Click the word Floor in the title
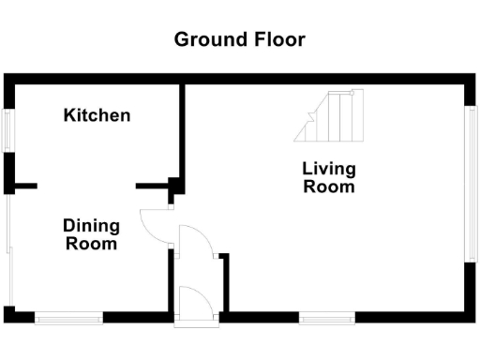tap(279, 39)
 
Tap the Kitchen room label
tap(97, 115)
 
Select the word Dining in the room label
tap(91, 226)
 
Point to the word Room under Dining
tap(91, 244)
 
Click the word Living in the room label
tap(329, 170)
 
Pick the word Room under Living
tap(329, 187)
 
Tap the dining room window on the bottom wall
tap(69, 318)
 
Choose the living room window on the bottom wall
tap(327, 318)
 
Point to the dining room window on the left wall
tap(7, 248)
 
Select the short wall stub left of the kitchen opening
tap(24, 186)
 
